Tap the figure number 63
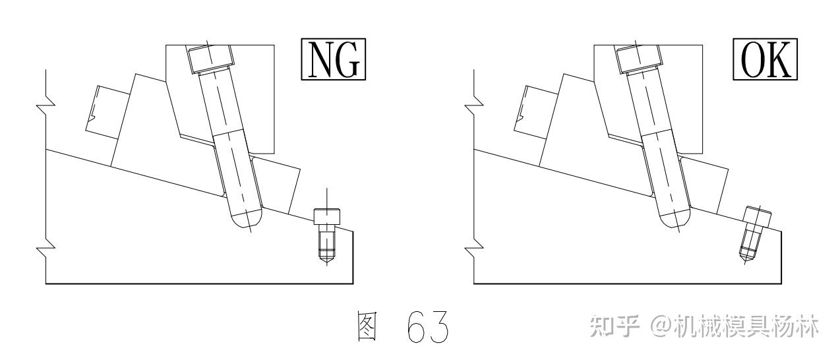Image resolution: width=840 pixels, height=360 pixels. pos(430,326)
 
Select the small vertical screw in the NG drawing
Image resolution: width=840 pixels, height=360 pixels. pos(326,233)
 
